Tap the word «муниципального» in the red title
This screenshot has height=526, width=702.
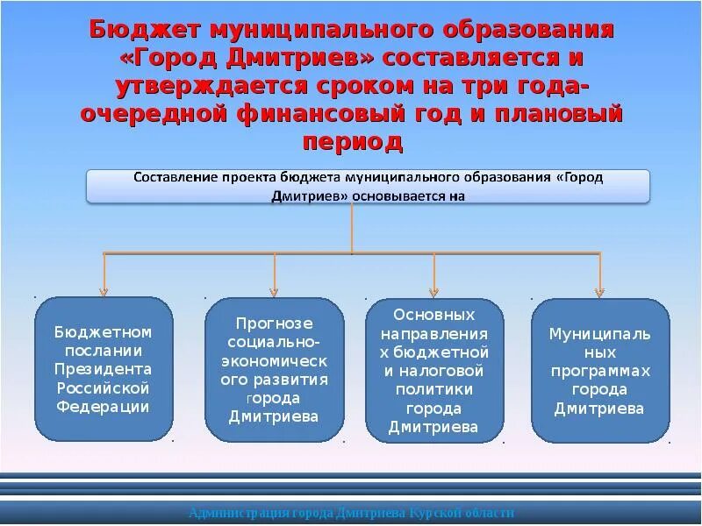pyautogui.click(x=317, y=30)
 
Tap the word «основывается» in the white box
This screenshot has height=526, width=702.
pyautogui.click(x=398, y=196)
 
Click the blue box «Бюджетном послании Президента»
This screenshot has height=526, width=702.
pyautogui.click(x=104, y=368)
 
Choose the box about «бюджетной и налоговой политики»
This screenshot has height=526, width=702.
pyautogui.click(x=434, y=370)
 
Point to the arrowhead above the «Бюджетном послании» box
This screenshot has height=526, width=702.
pyautogui.click(x=104, y=291)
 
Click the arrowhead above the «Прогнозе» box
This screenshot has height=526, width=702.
pyautogui.click(x=276, y=291)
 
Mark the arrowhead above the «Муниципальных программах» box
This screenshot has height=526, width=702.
pyautogui.click(x=600, y=291)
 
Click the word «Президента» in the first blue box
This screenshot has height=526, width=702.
pyautogui.click(x=104, y=369)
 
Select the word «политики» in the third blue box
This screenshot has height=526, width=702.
pyautogui.click(x=434, y=389)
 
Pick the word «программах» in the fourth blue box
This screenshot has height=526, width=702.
pyautogui.click(x=600, y=371)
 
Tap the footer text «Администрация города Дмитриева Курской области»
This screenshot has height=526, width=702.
pyautogui.click(x=351, y=513)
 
